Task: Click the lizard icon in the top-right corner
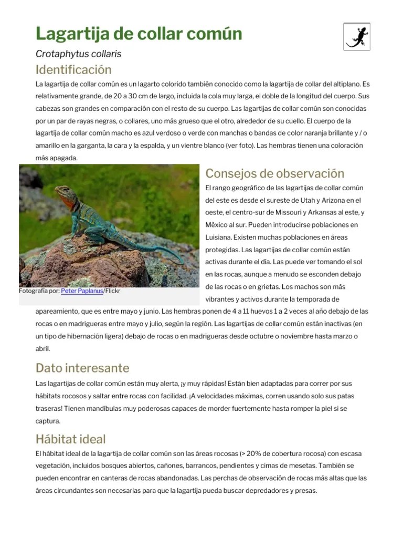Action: coord(357,36)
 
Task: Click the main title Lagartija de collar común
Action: coord(139,34)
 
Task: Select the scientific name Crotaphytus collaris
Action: coord(78,54)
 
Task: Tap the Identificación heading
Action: coord(73,70)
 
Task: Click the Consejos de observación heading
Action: coord(274,173)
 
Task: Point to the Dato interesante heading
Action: coord(82,367)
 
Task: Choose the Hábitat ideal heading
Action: coord(70,439)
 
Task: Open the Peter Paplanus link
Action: coord(82,291)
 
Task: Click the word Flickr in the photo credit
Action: coord(113,291)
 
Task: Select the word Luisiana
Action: coord(219,237)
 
